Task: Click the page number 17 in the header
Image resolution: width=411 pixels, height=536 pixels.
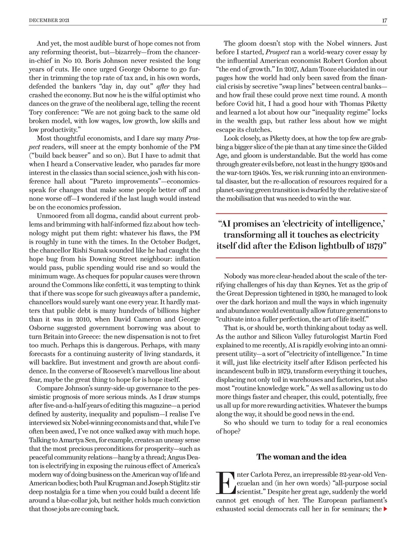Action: click(x=384, y=20)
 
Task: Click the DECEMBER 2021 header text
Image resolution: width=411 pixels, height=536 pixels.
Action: click(x=49, y=20)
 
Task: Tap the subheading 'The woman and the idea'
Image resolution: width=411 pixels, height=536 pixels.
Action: click(x=301, y=456)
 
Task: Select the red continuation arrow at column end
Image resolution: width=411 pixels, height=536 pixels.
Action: click(x=385, y=509)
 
